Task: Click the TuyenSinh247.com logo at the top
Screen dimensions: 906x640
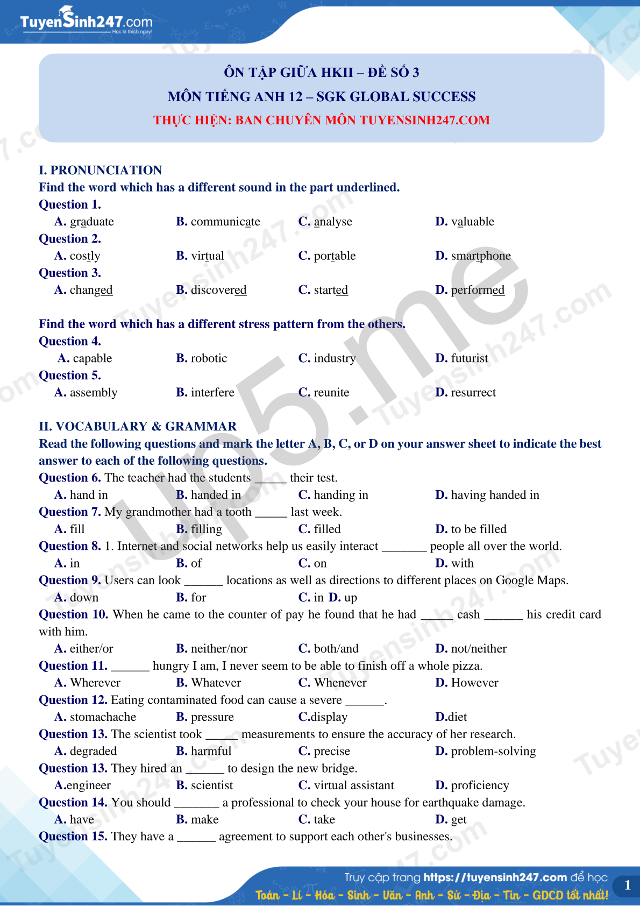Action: coord(86,22)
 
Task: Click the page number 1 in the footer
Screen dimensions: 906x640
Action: coord(627,885)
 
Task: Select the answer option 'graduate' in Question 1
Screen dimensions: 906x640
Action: coord(91,222)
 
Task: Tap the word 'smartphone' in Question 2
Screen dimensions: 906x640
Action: coord(481,256)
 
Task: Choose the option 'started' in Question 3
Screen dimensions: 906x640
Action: coord(331,290)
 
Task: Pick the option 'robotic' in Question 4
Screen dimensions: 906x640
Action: coord(209,358)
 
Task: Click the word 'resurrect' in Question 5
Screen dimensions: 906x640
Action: coord(473,393)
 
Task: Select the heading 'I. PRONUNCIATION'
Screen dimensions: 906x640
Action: coord(101,171)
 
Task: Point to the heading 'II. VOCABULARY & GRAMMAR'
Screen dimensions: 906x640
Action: coord(138,427)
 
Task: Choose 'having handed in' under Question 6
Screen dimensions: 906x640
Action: coord(495,495)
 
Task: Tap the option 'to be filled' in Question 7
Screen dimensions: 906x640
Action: coord(479,529)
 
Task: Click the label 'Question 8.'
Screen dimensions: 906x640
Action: coord(70,546)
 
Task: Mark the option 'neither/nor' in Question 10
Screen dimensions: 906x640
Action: coord(219,649)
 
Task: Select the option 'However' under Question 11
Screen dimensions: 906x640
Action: coord(474,683)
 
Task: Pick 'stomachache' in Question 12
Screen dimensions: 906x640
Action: coord(103,717)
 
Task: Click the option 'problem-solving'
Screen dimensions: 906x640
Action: coord(493,751)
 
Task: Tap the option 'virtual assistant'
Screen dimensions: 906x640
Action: coord(354,785)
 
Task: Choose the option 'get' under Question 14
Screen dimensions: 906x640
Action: coord(459,819)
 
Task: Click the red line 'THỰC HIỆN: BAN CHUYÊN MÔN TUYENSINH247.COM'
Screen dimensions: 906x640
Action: coord(322,120)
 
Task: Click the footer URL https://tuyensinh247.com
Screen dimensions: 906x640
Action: coord(495,877)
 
